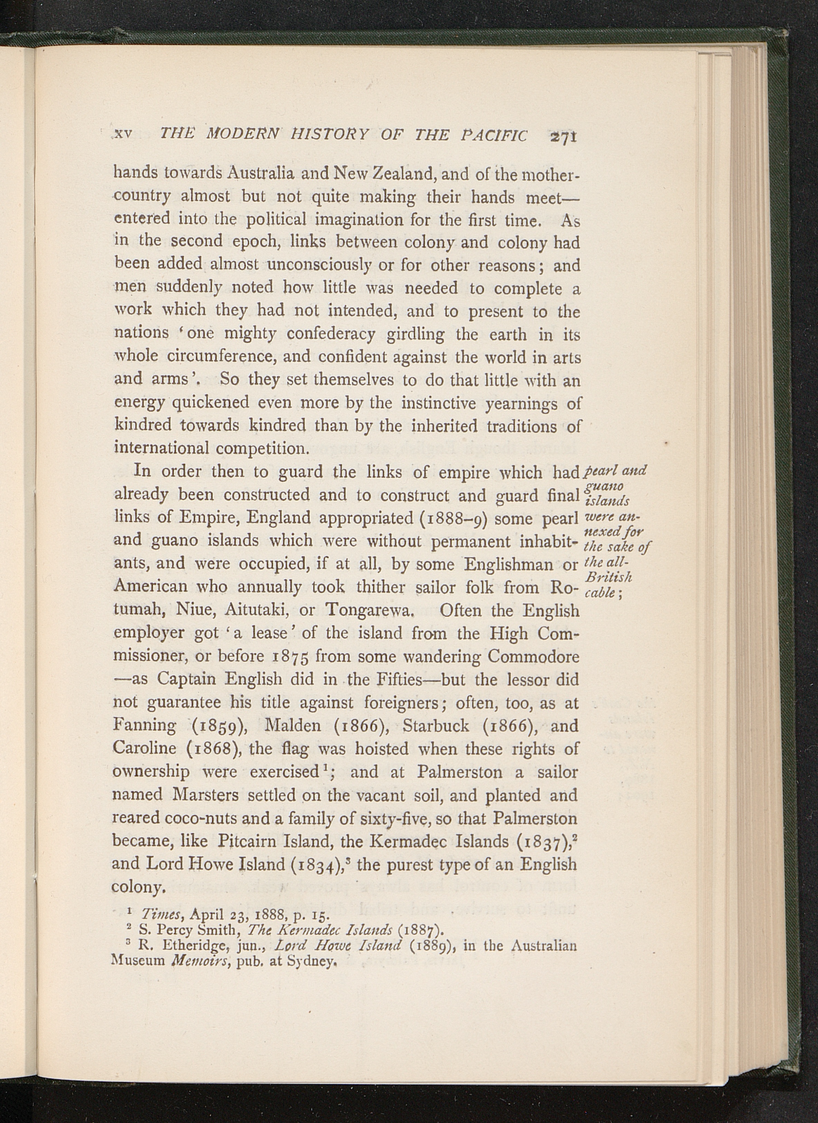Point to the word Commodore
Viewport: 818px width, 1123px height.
pyautogui.click(x=533, y=657)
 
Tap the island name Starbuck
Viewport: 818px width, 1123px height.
pyautogui.click(x=436, y=726)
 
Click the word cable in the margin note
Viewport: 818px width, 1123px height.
pyautogui.click(x=600, y=593)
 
